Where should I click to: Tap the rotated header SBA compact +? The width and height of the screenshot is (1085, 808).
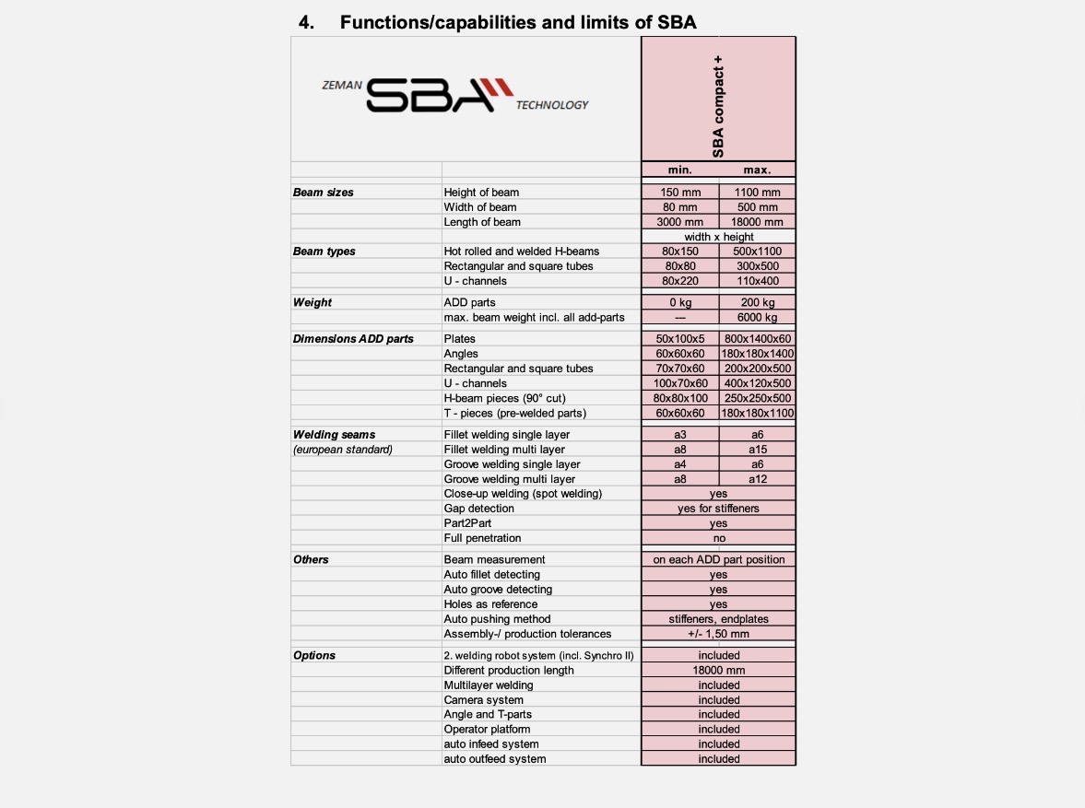tap(718, 107)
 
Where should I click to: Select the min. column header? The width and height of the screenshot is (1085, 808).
tap(680, 170)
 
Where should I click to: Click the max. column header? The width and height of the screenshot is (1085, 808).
tap(757, 170)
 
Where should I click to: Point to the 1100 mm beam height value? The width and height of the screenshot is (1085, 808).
tap(757, 193)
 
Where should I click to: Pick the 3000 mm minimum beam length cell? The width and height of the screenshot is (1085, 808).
tap(680, 222)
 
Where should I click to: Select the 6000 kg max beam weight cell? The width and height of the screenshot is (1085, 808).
tap(757, 318)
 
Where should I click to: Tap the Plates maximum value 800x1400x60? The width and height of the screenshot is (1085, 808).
tap(757, 339)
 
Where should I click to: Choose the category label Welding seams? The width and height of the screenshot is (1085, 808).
tap(334, 435)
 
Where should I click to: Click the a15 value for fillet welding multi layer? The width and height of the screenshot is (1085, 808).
tap(757, 450)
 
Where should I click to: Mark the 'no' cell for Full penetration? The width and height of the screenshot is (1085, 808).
tap(718, 538)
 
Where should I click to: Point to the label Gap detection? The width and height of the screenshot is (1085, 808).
tap(478, 509)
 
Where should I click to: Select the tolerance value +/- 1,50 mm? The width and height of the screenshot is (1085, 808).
tap(718, 634)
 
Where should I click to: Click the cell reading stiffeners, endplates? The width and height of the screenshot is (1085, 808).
tap(718, 619)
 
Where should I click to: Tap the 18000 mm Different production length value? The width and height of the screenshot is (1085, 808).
tap(718, 671)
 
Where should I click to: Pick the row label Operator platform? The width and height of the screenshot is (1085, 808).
tap(487, 730)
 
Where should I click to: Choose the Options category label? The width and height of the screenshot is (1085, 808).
tap(314, 656)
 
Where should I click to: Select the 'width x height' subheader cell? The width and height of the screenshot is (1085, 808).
tap(718, 237)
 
